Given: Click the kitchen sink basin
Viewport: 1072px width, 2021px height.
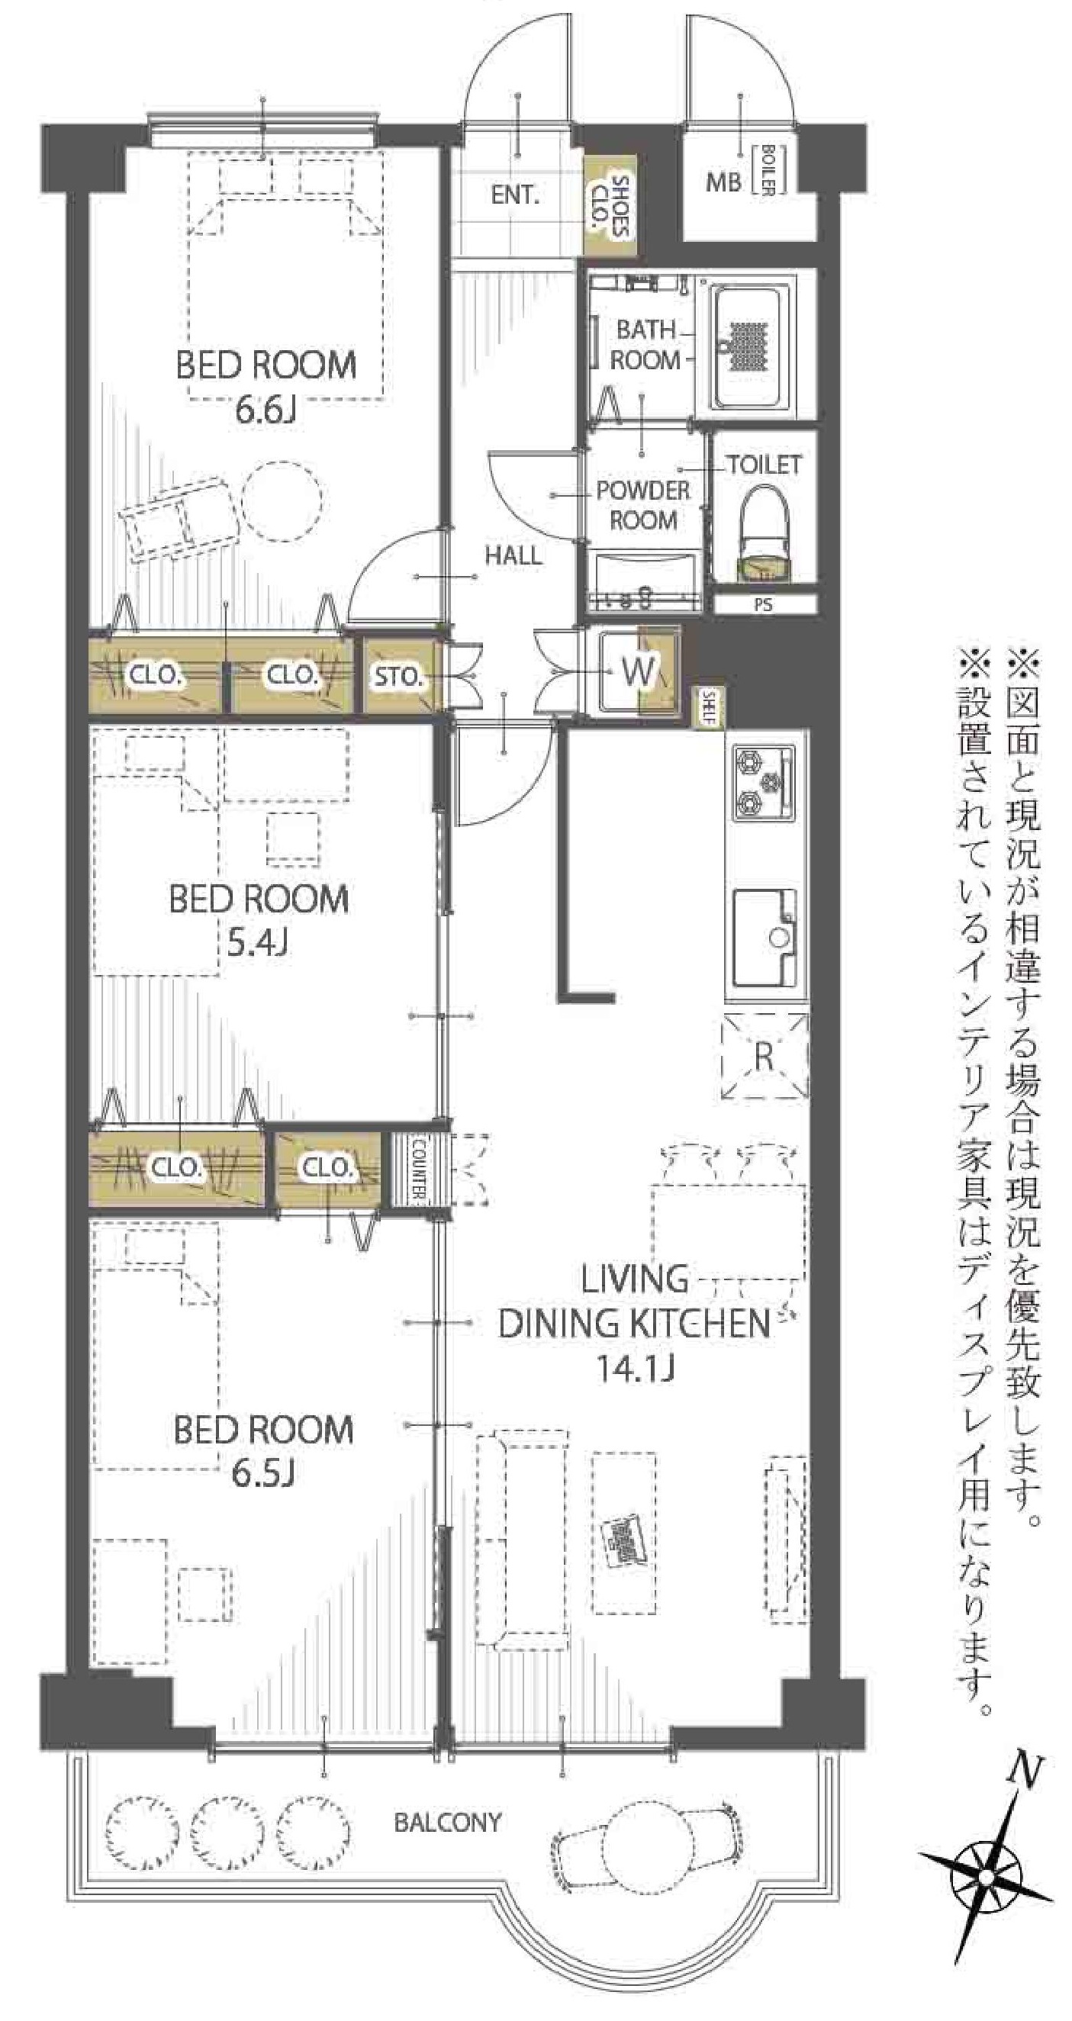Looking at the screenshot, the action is click(x=765, y=938).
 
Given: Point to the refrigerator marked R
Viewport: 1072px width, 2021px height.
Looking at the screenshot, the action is click(x=765, y=1056).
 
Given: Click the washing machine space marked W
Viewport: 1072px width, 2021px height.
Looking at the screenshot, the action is click(x=638, y=671).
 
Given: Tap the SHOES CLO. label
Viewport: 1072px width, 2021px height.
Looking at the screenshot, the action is click(x=611, y=205).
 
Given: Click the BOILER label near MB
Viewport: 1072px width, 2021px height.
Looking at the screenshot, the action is click(x=768, y=169).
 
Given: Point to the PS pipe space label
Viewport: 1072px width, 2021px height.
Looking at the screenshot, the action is click(x=763, y=605).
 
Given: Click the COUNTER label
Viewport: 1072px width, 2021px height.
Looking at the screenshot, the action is click(x=417, y=1169).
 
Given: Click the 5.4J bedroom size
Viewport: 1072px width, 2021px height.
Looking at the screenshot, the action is click(x=257, y=941).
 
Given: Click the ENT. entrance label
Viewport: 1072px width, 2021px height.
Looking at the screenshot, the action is click(x=515, y=195).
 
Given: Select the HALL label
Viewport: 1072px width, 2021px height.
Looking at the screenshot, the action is click(x=513, y=555).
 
